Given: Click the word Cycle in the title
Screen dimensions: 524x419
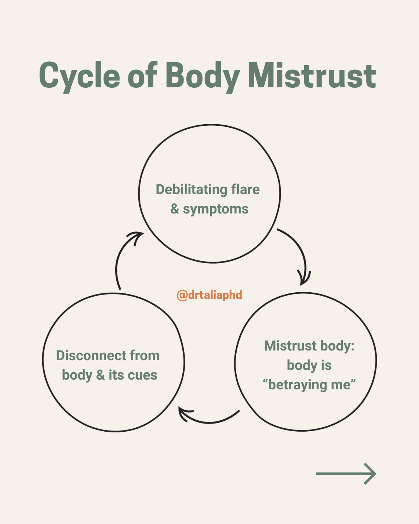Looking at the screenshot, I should point(79,76).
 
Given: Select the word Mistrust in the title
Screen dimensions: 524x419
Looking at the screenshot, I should point(312,76).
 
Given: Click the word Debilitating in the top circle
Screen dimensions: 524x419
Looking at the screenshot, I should point(191,189).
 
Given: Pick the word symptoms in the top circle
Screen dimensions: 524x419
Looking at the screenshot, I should point(216,209).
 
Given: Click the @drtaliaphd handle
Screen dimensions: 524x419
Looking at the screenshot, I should point(209,295).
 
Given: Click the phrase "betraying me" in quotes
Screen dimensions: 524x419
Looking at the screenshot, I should point(309,385).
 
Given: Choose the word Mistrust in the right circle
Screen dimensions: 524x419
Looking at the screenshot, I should point(291,346).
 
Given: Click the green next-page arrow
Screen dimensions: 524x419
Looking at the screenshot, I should point(346,474).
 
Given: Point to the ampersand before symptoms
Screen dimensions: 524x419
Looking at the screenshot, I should point(175,209).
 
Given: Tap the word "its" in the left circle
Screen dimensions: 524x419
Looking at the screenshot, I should point(116,375).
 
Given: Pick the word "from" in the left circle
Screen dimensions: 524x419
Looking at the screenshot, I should point(144,356).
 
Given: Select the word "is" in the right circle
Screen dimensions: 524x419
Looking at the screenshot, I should point(326,365).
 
